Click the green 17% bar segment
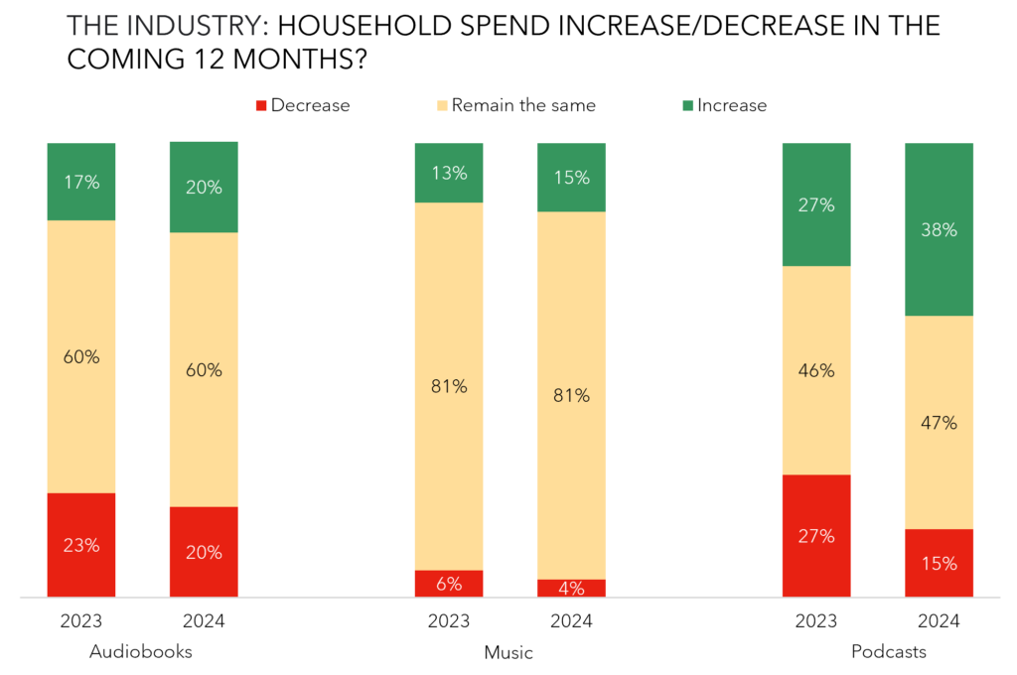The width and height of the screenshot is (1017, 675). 81,182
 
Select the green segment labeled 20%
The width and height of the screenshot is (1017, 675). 204,187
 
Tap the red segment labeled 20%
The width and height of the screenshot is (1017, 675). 204,552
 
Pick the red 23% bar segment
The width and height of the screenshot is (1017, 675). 81,545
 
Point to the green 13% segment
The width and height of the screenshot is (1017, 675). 449,173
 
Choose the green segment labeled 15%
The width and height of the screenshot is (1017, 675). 571,177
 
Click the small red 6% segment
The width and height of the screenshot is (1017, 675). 449,584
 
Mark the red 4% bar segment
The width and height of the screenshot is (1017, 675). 571,588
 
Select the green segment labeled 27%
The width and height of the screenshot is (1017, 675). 816,204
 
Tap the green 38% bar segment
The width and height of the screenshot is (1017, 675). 939,229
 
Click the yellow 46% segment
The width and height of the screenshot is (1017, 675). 816,370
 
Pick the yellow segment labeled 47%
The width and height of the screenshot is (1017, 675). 939,422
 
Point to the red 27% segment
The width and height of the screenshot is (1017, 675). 816,536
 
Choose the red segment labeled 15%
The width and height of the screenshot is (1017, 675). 939,563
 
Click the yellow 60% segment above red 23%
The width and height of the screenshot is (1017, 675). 81,356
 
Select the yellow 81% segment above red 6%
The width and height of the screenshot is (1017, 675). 449,386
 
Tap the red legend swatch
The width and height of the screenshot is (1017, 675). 261,105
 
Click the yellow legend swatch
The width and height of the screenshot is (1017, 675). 443,105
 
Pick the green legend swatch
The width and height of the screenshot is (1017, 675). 688,105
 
